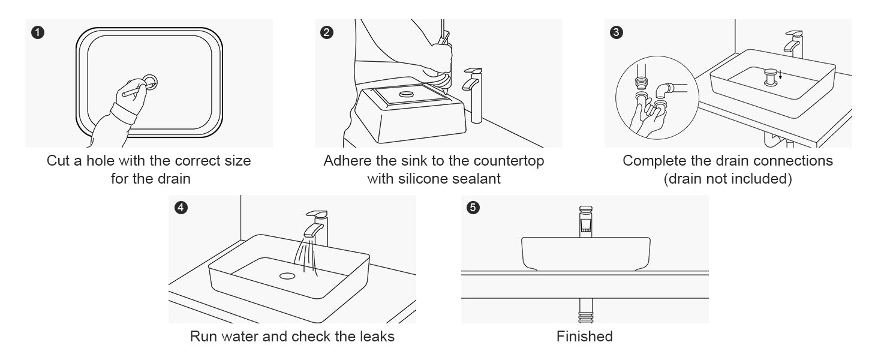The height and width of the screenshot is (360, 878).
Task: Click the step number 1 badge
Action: click(x=38, y=32)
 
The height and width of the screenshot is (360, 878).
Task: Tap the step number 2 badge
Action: click(x=327, y=32)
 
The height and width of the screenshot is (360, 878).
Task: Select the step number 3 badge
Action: click(x=617, y=32)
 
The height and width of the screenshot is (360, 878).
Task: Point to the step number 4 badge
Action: click(x=181, y=208)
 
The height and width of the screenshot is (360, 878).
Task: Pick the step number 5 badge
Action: click(x=473, y=208)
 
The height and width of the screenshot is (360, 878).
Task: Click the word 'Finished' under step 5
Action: click(x=584, y=337)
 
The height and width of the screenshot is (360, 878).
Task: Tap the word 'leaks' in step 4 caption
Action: click(x=376, y=337)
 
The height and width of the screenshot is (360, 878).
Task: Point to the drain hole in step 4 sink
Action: click(x=287, y=276)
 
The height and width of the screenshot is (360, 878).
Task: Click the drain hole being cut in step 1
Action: click(x=150, y=82)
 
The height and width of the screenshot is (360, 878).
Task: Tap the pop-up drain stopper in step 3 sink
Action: click(x=771, y=76)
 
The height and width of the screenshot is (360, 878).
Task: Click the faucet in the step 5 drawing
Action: click(x=586, y=221)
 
